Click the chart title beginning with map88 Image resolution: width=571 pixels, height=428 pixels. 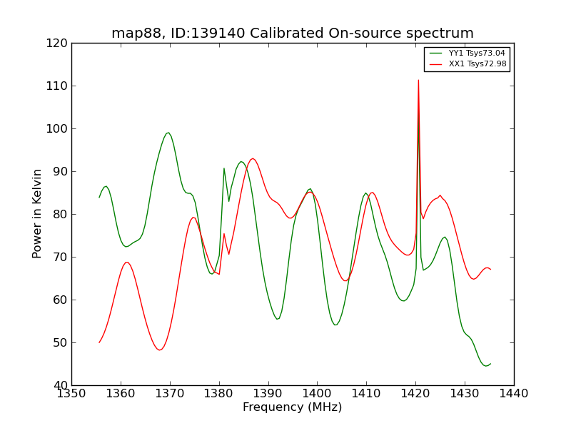(293, 34)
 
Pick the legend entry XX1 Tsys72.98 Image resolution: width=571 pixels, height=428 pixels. (477, 63)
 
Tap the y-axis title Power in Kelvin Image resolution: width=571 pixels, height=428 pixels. (37, 213)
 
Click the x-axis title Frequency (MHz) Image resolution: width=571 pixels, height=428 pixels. (293, 407)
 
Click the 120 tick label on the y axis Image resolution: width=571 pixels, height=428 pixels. (59, 43)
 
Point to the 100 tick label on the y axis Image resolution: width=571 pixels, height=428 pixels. (59, 128)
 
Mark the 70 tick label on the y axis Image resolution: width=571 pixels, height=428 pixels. (61, 257)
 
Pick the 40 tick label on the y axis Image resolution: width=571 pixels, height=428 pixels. (61, 385)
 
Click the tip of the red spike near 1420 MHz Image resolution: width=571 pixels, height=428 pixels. (418, 80)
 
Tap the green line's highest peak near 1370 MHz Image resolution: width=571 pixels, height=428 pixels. (168, 132)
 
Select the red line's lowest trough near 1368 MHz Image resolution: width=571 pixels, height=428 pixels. (160, 350)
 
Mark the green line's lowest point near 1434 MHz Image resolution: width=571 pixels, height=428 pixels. (486, 366)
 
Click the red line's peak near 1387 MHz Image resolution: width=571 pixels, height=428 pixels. (253, 158)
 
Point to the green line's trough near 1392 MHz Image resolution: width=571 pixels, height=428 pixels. (278, 319)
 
